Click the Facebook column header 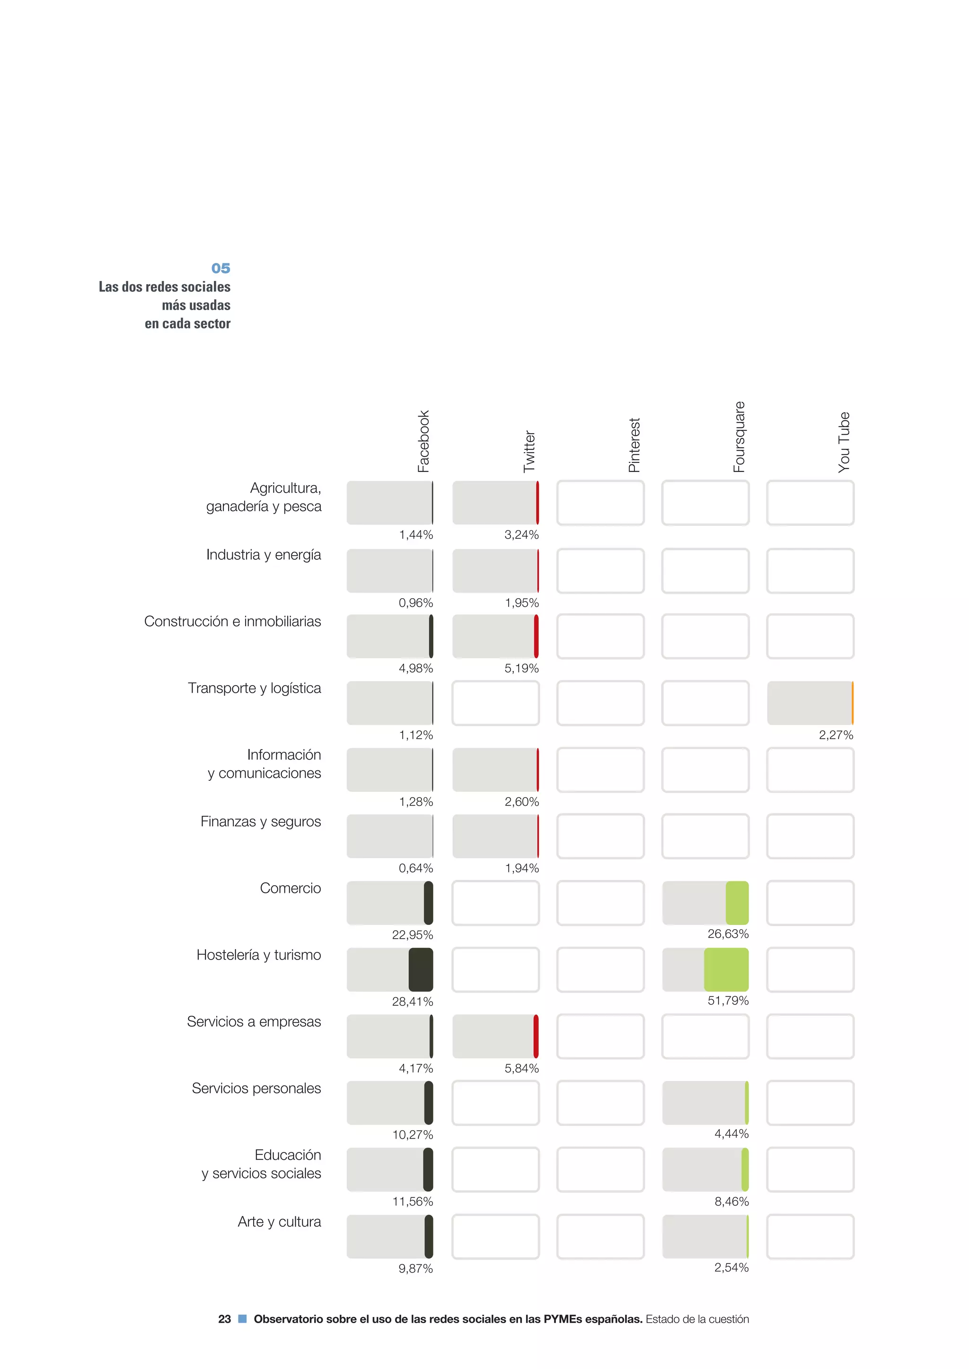tap(423, 441)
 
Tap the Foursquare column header tap(739, 437)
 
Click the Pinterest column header tap(634, 445)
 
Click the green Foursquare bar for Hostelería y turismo tap(726, 969)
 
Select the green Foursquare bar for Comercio tap(737, 903)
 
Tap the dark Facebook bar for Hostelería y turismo tap(421, 969)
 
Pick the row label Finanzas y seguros tap(260, 822)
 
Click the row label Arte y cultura tap(279, 1222)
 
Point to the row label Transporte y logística tap(254, 688)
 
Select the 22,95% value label tap(412, 935)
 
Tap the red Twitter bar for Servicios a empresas tap(536, 1036)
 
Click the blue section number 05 tap(221, 268)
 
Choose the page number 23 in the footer tap(224, 1319)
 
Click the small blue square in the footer tap(242, 1319)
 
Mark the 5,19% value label tap(521, 668)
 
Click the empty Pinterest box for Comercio tap(600, 903)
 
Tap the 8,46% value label tap(731, 1202)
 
